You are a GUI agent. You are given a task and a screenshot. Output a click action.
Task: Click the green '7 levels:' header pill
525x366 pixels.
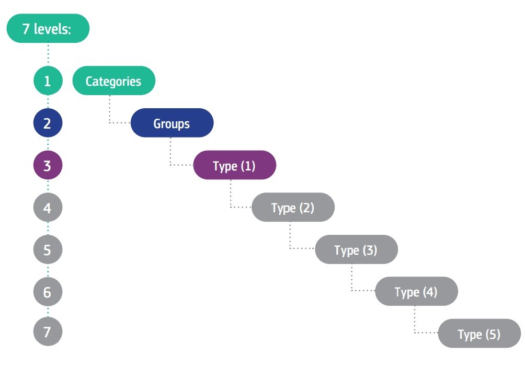(x=48, y=28)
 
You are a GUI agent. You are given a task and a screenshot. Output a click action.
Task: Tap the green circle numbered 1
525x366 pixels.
(x=48, y=81)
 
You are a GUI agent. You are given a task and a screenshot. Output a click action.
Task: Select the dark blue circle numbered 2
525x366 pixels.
(x=48, y=123)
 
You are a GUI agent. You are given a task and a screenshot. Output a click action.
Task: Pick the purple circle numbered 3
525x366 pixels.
(x=48, y=165)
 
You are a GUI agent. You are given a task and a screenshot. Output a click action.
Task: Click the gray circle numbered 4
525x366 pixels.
(x=48, y=207)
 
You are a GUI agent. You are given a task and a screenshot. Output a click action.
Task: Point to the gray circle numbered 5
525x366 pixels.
(x=48, y=249)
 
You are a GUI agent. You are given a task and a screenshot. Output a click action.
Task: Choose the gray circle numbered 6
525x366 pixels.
(x=48, y=292)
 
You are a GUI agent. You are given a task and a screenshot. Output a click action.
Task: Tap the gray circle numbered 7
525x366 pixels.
(x=48, y=331)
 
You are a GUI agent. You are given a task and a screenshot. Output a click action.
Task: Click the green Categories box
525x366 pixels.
(x=114, y=81)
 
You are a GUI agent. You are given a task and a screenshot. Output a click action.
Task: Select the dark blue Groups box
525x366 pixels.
(x=172, y=123)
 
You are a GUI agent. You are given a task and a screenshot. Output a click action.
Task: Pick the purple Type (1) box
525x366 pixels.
(x=235, y=165)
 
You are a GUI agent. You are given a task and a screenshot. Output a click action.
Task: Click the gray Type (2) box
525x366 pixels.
(x=293, y=207)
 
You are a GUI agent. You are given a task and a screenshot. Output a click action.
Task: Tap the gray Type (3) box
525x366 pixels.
(x=356, y=249)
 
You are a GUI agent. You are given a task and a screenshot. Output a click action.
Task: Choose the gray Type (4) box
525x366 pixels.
(x=416, y=291)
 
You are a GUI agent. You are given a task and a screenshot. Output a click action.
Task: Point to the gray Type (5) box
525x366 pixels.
(x=480, y=334)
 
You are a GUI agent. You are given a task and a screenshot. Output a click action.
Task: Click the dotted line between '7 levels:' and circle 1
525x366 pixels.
(x=48, y=54)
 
